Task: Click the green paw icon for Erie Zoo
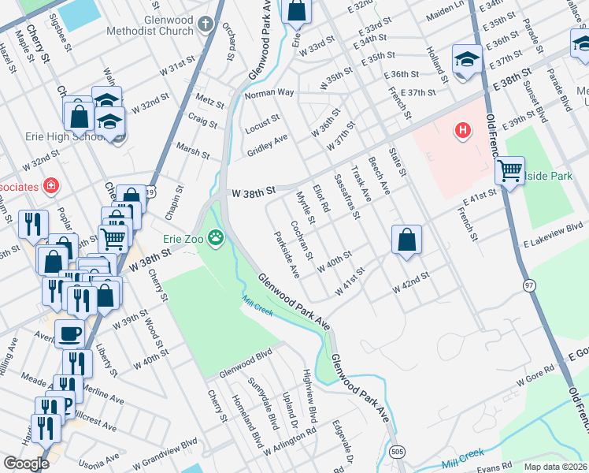pyautogui.click(x=216, y=236)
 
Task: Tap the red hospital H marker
pyautogui.click(x=463, y=129)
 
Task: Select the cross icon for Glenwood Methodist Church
pyautogui.click(x=206, y=23)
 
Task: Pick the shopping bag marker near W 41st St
pyautogui.click(x=406, y=240)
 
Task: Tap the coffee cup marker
pyautogui.click(x=70, y=333)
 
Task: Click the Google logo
pyautogui.click(x=26, y=463)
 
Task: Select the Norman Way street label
pyautogui.click(x=269, y=93)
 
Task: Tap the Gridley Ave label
pyautogui.click(x=268, y=145)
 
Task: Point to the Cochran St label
pyautogui.click(x=302, y=241)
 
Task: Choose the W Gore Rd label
pyautogui.click(x=536, y=379)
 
